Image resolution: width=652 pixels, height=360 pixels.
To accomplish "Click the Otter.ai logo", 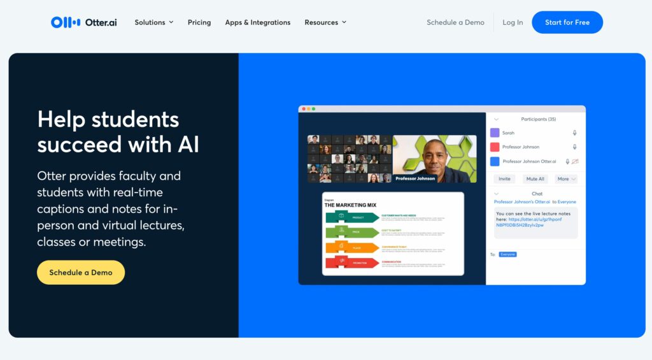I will click(x=83, y=22).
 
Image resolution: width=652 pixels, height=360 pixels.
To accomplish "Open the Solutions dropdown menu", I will click(x=153, y=22).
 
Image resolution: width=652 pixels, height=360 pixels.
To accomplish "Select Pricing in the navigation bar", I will click(x=199, y=22).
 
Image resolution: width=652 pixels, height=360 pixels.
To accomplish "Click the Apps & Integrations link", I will click(x=257, y=22).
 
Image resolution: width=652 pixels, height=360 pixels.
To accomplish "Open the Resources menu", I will click(x=325, y=22).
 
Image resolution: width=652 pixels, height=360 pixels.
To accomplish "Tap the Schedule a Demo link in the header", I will click(x=455, y=22).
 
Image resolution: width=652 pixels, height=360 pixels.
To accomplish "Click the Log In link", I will click(x=513, y=22).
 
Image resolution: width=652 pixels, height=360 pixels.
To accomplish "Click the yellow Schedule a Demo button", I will click(x=81, y=272).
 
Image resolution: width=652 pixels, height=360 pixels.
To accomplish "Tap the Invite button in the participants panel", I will click(x=504, y=179).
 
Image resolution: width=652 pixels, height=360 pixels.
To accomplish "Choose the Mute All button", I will click(x=535, y=179).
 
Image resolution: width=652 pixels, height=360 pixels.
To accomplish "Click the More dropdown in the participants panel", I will click(x=565, y=179).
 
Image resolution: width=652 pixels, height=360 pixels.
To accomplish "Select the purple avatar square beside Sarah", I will click(x=495, y=133).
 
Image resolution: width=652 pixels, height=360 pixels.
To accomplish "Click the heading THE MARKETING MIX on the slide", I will click(x=350, y=205).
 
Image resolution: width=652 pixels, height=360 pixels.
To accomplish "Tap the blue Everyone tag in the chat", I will click(x=507, y=254).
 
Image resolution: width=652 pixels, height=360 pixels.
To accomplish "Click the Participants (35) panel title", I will click(x=538, y=119).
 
